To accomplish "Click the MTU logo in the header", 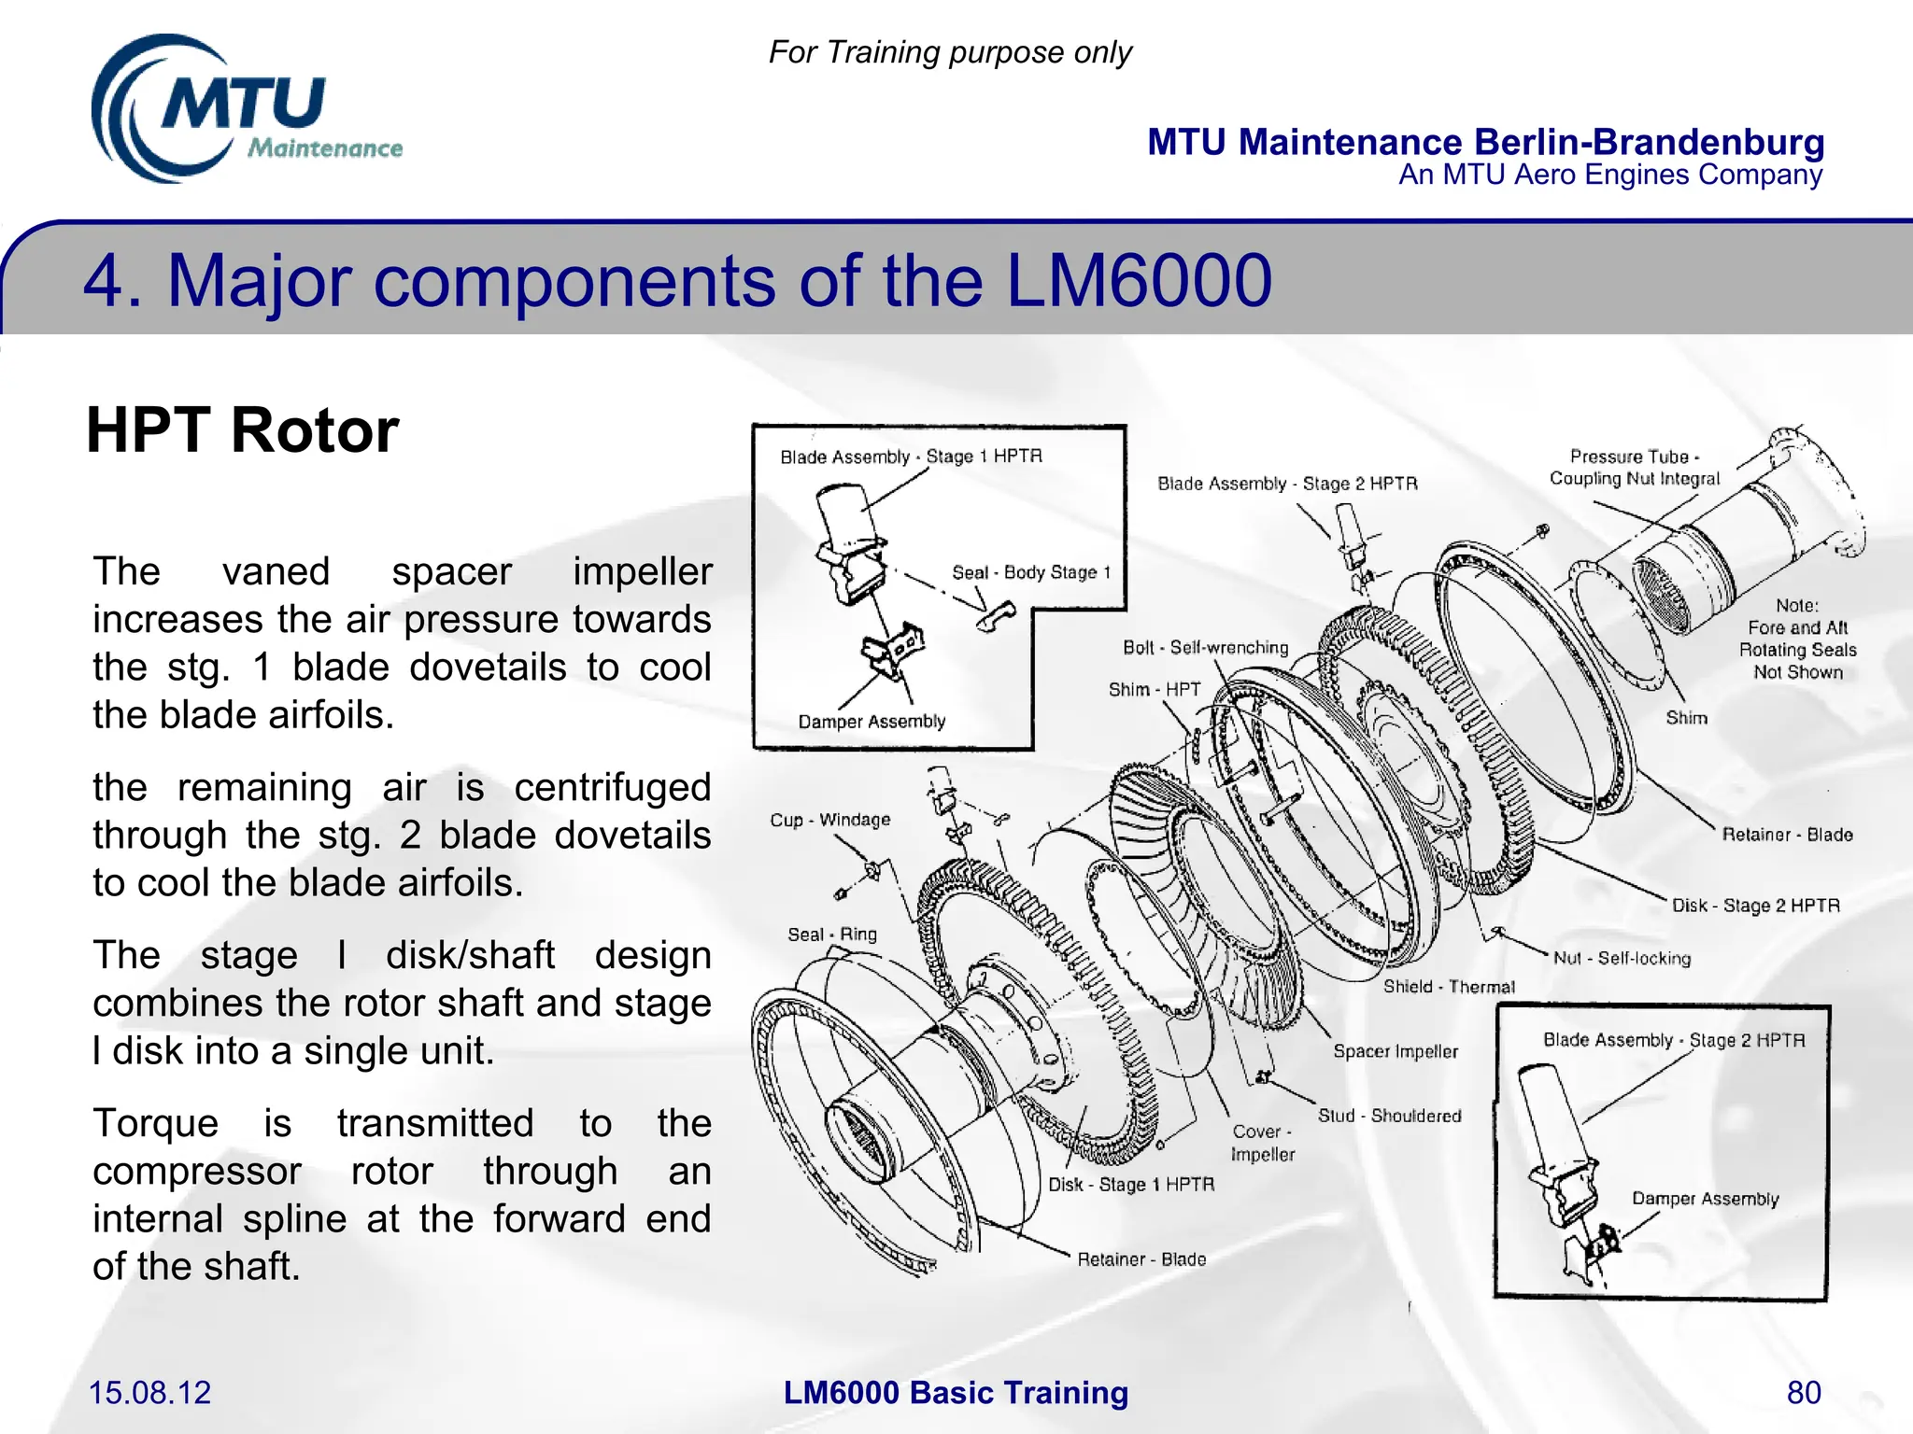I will pos(245,110).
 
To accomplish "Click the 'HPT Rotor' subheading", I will pos(243,430).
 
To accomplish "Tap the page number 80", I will pos(1803,1392).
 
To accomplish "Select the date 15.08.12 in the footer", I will pos(149,1392).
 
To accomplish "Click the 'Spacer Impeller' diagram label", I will pos(1396,1051).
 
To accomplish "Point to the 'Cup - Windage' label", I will pos(829,820).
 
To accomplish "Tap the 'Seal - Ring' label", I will pos(831,935).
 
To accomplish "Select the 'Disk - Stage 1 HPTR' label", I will pos(1131,1185).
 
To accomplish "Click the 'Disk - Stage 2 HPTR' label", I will pos(1755,906).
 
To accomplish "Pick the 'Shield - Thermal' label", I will pos(1449,987).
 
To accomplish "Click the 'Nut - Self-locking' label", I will pos(1622,958).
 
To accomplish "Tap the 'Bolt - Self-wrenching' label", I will pos(1205,648).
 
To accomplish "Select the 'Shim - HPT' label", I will pos(1154,690).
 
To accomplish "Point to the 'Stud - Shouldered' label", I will pos(1389,1116).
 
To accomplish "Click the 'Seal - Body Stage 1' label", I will pos(1031,572).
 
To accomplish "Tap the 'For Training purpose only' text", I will pos(950,52).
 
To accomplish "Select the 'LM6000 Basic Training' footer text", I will pos(956,1392).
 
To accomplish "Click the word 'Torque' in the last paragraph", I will pos(155,1123).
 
